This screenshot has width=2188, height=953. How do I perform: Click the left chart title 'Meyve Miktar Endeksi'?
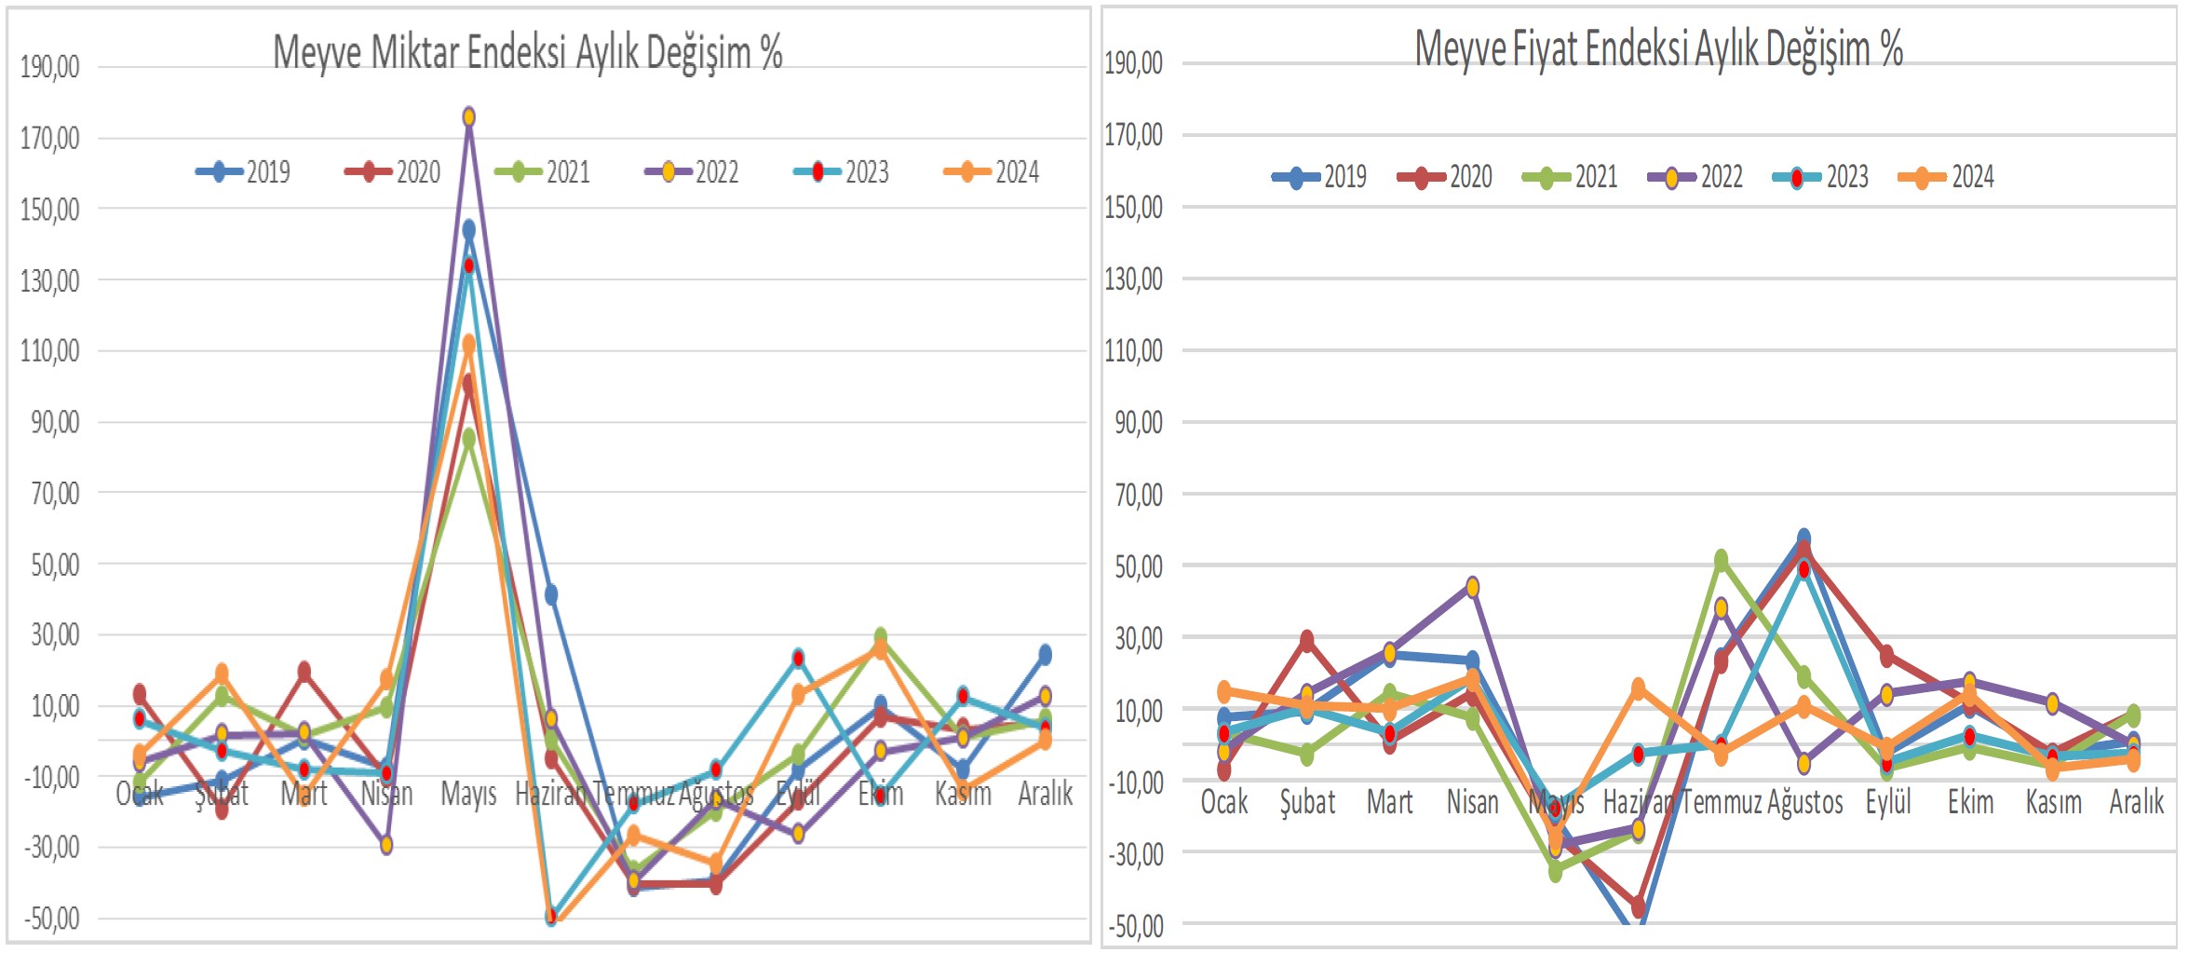pos(527,52)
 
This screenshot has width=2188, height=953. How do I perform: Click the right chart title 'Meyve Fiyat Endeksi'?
pos(1657,48)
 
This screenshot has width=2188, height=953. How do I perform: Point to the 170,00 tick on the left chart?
pos(50,139)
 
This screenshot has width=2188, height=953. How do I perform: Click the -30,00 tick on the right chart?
pos(1135,853)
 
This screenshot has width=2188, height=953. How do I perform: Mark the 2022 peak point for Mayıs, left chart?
pos(469,116)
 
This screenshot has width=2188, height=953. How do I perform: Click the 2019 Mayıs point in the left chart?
pos(469,229)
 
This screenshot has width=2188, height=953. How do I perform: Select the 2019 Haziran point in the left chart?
pos(551,594)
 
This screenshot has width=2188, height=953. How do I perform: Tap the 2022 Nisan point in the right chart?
pos(1472,587)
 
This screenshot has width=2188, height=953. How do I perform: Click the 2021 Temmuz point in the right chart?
pos(1721,560)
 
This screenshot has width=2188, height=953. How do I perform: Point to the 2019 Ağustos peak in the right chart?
pos(1803,538)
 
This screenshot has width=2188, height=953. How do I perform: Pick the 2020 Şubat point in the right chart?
pos(1307,641)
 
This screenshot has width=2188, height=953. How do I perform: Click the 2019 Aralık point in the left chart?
pos(1045,655)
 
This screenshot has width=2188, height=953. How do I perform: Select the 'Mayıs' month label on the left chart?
pos(468,794)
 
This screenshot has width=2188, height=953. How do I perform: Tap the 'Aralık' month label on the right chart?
pos(2136,801)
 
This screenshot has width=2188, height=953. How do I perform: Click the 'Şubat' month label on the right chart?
pos(1307,801)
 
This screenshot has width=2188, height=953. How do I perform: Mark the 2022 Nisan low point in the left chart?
pos(386,845)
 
